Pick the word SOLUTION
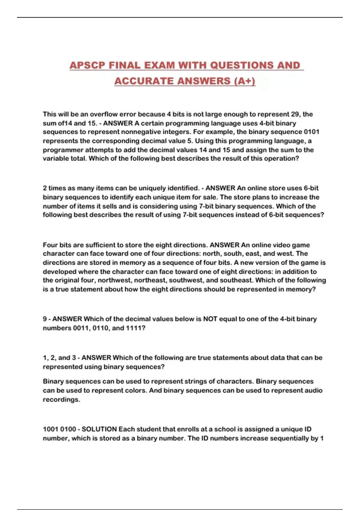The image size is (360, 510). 99,429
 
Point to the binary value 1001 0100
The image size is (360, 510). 59,429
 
